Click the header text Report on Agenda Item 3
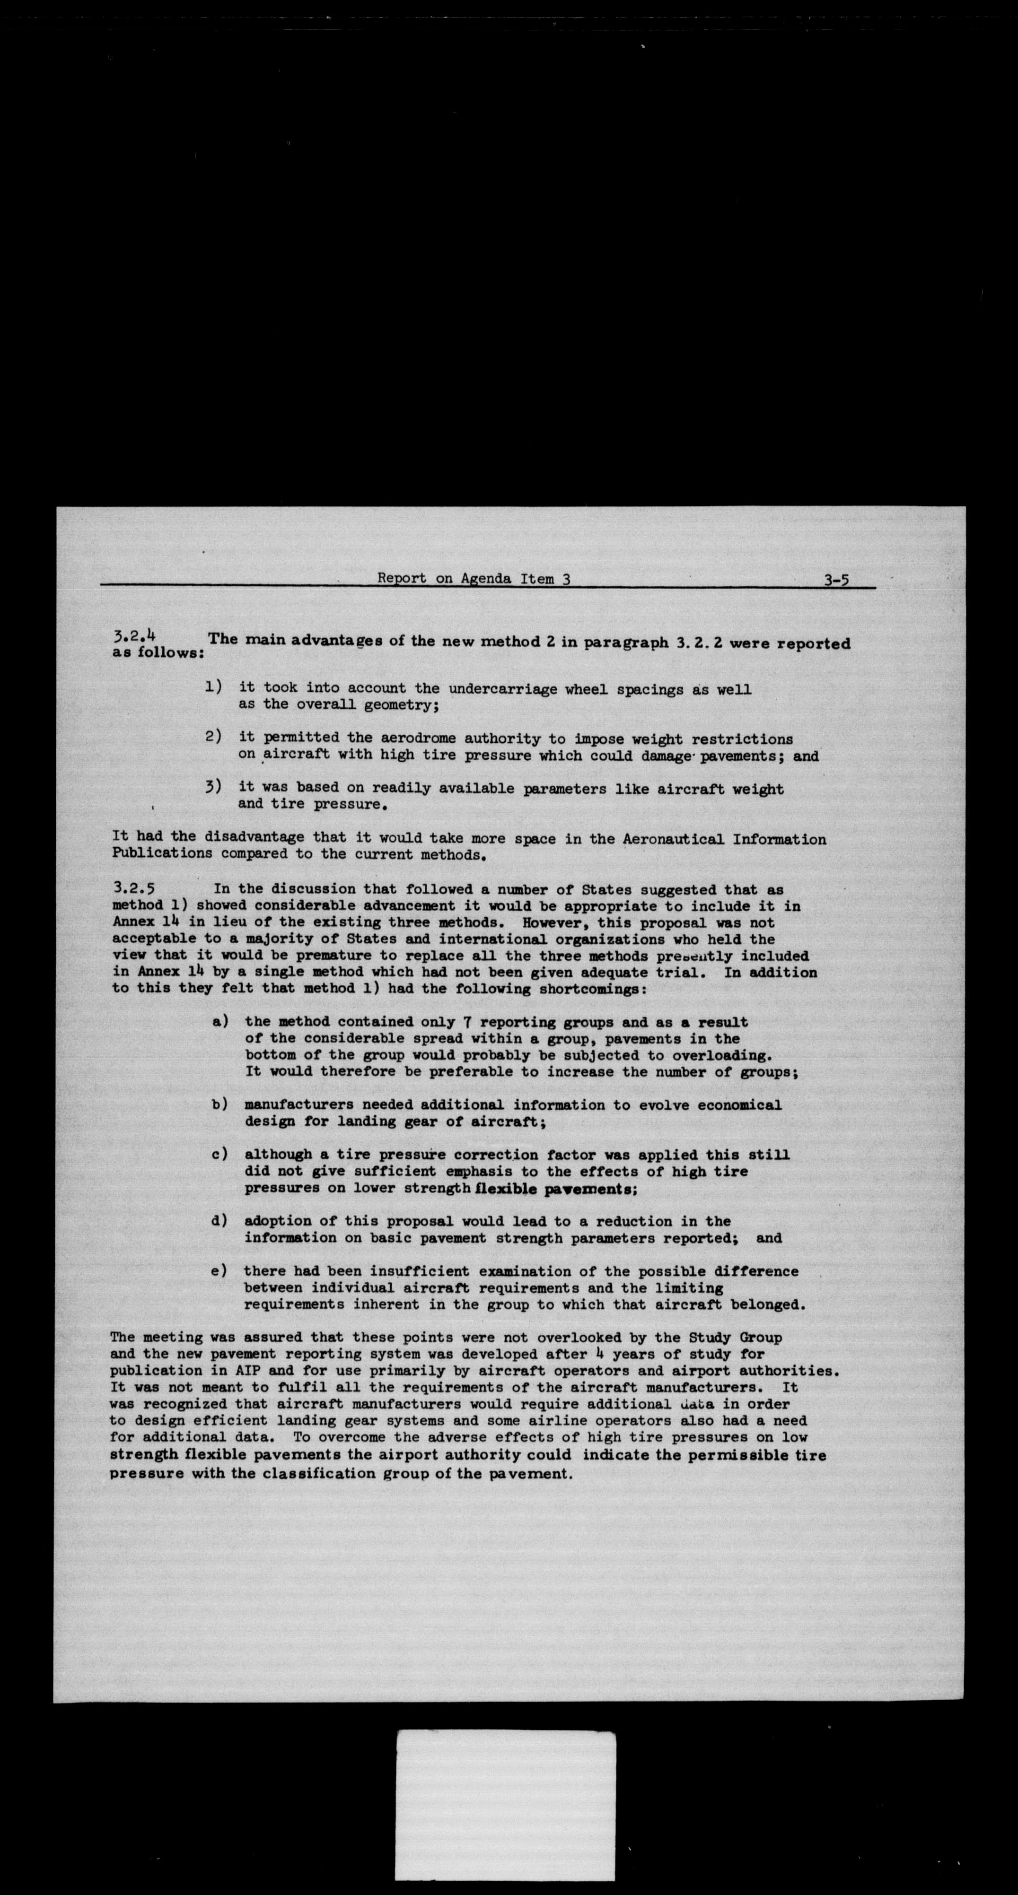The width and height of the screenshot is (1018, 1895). (474, 578)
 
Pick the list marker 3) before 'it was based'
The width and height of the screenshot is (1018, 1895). (213, 787)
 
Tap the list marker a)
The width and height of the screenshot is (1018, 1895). (220, 1021)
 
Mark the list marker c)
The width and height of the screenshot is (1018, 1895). (219, 1154)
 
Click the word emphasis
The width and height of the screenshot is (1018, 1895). (478, 1171)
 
